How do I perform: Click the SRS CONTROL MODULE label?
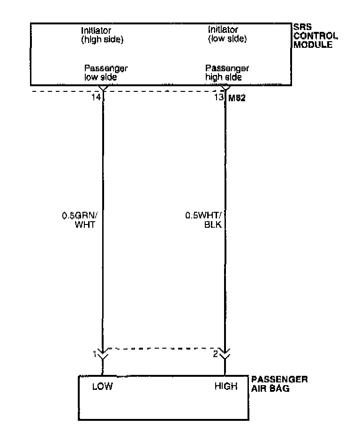point(312,37)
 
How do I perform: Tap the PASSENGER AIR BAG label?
point(279,384)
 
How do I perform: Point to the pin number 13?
point(218,98)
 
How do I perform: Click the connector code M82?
point(237,98)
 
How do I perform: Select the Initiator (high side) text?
point(102,35)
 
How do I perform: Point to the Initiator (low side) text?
point(227,35)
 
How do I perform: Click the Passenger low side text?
point(105,72)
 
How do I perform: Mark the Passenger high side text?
point(227,72)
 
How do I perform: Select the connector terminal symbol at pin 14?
point(103,89)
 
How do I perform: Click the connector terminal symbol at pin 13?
point(225,89)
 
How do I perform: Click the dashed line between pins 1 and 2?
point(164,349)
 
